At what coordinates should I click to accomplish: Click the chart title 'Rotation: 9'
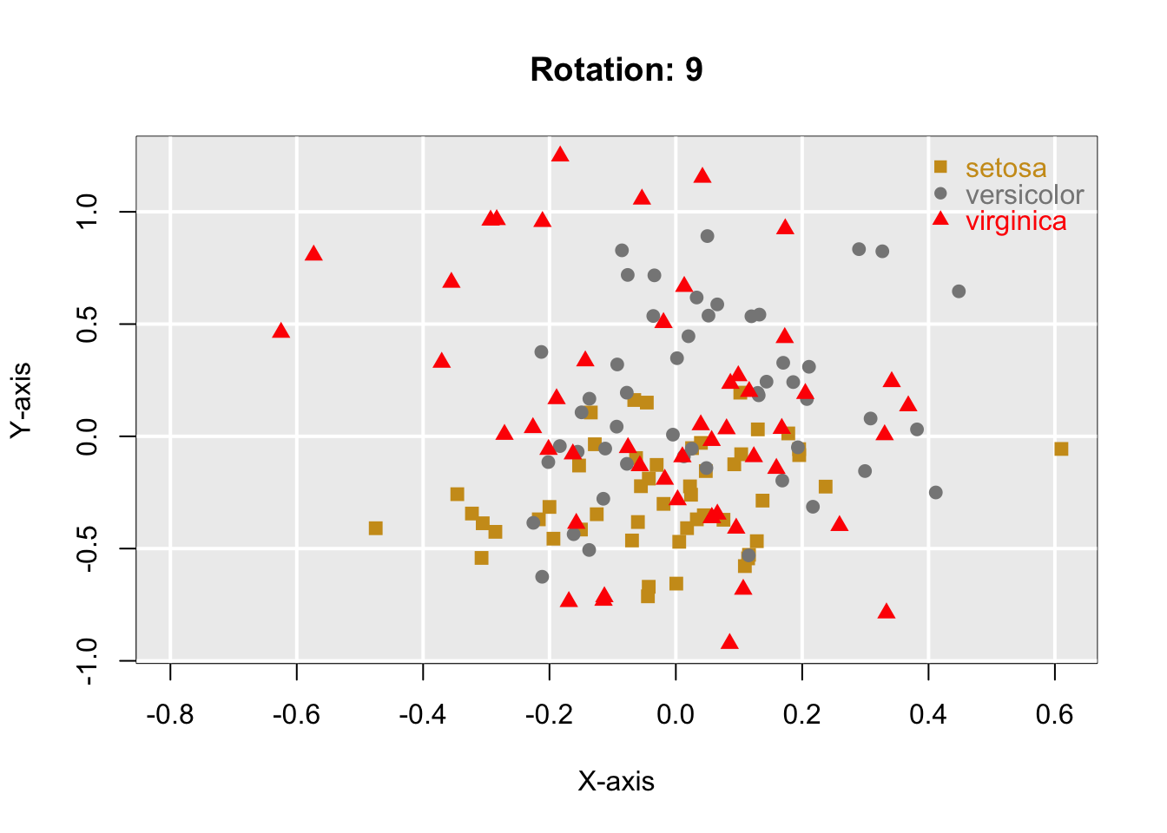click(x=616, y=70)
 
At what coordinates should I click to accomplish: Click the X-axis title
click(x=616, y=782)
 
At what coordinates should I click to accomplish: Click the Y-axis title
click(x=21, y=399)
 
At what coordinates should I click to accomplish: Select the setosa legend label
click(x=1005, y=168)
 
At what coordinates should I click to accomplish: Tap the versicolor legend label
click(x=1025, y=195)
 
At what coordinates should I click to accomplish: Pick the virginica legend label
click(x=1016, y=222)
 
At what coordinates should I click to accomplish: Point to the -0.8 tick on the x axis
click(x=170, y=715)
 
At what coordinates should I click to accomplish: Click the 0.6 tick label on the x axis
click(x=1054, y=715)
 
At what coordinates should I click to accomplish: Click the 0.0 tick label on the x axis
click(x=676, y=715)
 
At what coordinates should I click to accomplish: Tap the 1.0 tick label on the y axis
click(x=87, y=212)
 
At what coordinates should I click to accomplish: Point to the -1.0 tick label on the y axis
click(x=87, y=661)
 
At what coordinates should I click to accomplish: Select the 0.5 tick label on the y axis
click(x=87, y=325)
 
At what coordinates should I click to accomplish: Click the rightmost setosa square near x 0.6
click(x=1061, y=449)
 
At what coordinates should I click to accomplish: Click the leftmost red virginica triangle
click(x=280, y=331)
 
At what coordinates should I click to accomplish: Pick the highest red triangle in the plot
click(x=560, y=154)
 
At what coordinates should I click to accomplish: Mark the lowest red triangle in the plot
click(x=729, y=642)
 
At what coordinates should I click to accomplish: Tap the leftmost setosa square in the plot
click(x=375, y=528)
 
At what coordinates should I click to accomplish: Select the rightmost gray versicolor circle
click(x=959, y=292)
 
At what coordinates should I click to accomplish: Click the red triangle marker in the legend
click(x=940, y=219)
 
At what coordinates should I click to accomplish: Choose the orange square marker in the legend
click(x=940, y=167)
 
